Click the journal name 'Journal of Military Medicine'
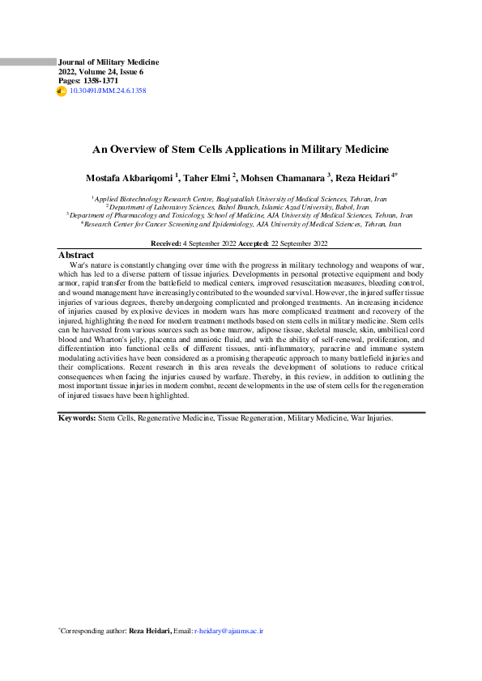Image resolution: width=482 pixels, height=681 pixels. click(x=109, y=62)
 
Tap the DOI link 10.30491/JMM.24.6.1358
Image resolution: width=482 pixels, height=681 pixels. click(x=108, y=91)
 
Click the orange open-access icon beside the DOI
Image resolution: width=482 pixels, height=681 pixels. click(x=62, y=91)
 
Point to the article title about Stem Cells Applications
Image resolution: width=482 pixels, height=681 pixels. click(x=241, y=150)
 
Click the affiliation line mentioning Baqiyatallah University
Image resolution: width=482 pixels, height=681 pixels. click(x=241, y=197)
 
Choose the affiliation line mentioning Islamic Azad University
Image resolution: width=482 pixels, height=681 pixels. click(x=241, y=207)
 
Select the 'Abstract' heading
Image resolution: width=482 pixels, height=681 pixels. click(x=77, y=255)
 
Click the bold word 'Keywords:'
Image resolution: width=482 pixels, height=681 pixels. click(x=78, y=418)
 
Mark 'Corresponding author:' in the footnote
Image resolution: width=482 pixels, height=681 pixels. click(x=93, y=629)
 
